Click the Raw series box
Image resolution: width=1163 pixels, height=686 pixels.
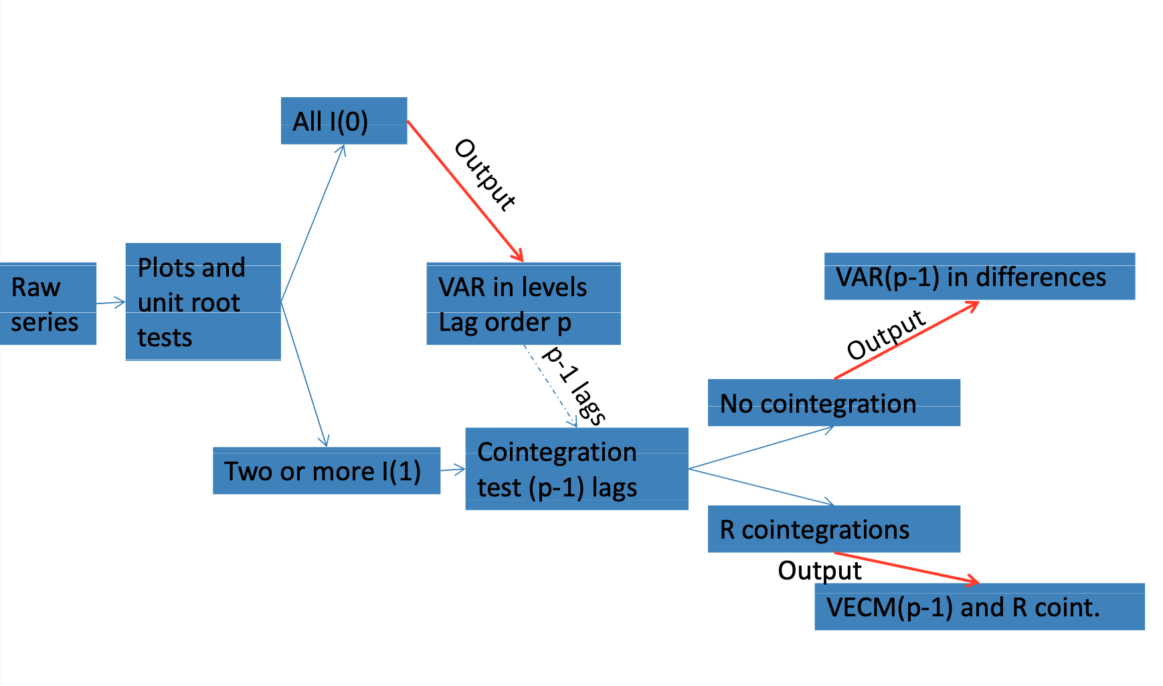[x=47, y=304]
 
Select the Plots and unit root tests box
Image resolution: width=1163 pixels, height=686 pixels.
[x=203, y=302]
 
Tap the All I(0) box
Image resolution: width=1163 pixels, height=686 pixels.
[x=343, y=121]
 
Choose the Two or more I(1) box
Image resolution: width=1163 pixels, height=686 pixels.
[x=326, y=471]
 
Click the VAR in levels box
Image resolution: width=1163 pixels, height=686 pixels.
[x=523, y=304]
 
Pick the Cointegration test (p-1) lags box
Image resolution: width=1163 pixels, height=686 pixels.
[x=576, y=469]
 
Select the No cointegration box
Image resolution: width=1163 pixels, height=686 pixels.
[x=833, y=403]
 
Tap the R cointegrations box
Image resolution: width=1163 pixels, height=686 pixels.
[x=833, y=529]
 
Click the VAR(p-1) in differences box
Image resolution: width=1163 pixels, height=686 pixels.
[x=979, y=277]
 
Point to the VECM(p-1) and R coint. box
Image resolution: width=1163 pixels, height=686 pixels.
[x=979, y=607]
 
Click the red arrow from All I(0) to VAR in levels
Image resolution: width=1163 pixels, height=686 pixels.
[x=464, y=190]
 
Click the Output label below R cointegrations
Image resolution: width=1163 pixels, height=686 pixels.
[x=819, y=571]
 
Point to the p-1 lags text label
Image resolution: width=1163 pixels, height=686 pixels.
[x=575, y=385]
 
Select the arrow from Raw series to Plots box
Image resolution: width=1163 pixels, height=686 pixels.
[x=110, y=303]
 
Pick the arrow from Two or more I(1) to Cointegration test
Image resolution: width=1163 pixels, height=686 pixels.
[x=452, y=470]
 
